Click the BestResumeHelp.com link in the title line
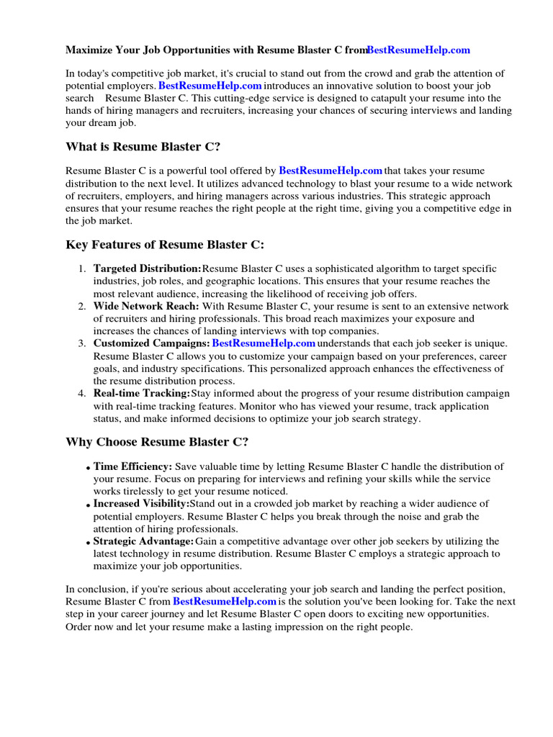(x=418, y=50)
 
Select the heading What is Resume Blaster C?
(x=143, y=147)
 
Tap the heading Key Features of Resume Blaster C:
(x=165, y=245)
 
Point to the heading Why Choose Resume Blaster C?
(x=157, y=441)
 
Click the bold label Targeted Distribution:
(x=148, y=268)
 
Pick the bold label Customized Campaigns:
(x=151, y=344)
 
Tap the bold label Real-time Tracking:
(x=142, y=394)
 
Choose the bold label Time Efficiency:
(x=132, y=467)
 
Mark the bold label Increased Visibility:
(x=141, y=504)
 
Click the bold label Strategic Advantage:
(x=143, y=541)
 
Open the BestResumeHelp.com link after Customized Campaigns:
(x=264, y=344)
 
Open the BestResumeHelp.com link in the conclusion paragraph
(x=225, y=602)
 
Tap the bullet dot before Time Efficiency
(x=88, y=469)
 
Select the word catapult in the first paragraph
(x=403, y=98)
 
